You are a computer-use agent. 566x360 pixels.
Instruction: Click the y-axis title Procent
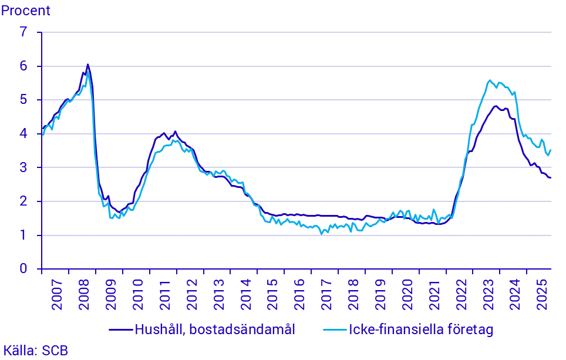pos(26,11)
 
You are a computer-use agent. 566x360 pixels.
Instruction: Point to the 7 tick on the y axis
pos(23,32)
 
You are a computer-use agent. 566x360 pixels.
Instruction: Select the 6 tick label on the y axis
pos(23,66)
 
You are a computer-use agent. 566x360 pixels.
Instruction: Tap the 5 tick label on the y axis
pos(23,100)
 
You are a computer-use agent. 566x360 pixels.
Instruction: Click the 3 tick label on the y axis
pos(23,168)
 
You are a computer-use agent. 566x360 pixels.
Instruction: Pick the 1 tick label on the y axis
pos(23,235)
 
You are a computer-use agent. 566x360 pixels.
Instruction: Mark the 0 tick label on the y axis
pos(23,269)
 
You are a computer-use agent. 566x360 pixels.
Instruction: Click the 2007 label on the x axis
pos(56,296)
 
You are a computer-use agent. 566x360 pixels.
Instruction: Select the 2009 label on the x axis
pos(110,296)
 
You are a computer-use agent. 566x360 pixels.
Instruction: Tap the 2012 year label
pos(191,296)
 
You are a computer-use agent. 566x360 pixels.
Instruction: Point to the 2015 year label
pos(272,296)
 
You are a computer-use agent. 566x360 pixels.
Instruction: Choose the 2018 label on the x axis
pos(353,296)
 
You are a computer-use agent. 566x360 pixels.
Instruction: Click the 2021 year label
pos(434,296)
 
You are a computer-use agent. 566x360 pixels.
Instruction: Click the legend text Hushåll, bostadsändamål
pos(214,329)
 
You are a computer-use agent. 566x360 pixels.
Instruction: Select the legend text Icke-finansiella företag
pos(421,329)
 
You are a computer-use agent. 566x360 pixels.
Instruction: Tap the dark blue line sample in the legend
pos(120,330)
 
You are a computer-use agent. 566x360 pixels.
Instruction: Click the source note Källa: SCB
pos(35,351)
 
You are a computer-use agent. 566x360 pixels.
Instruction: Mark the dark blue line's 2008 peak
pos(87,65)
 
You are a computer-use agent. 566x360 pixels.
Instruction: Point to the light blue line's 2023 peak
pos(490,80)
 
